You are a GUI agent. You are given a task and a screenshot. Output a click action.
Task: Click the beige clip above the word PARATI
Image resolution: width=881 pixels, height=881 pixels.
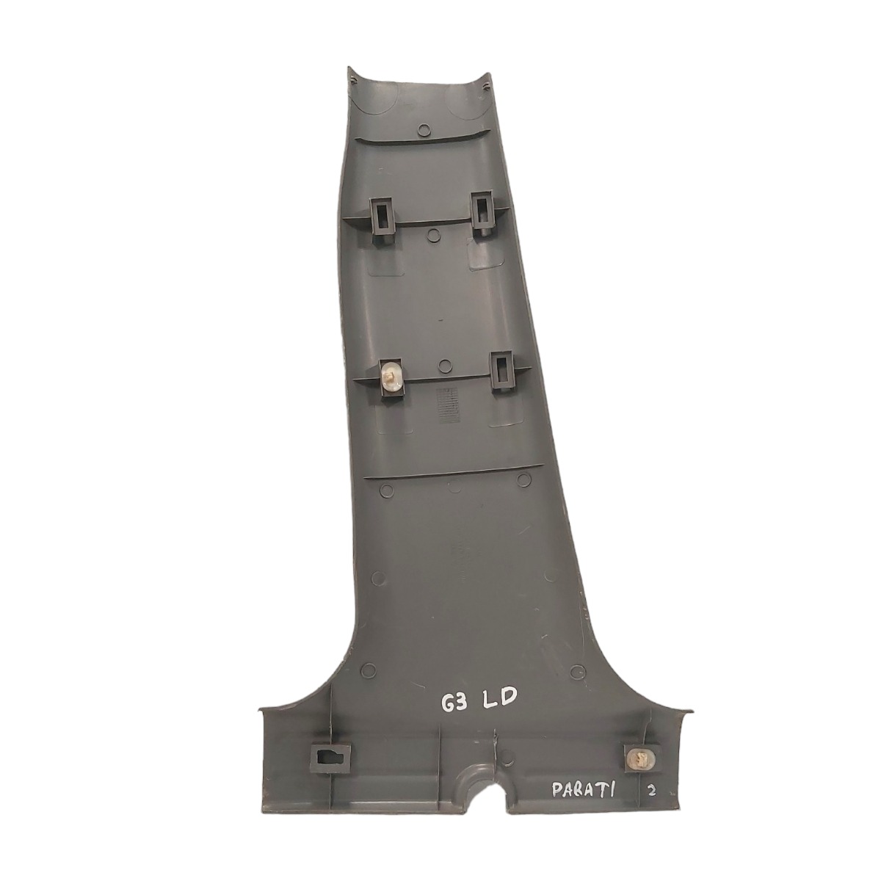point(642,759)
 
